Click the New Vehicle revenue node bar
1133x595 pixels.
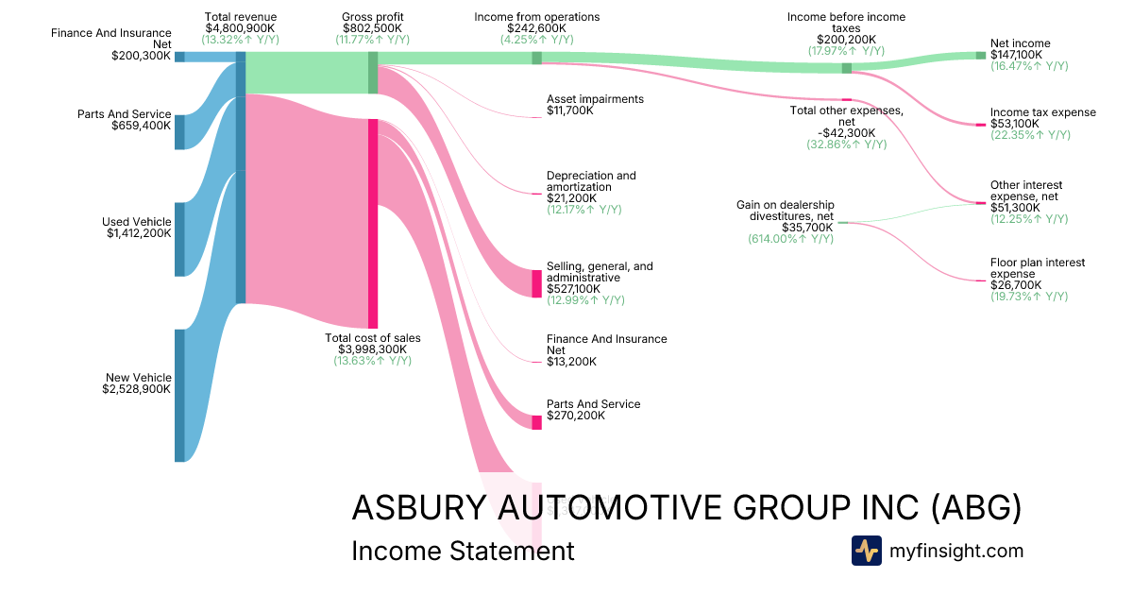coord(179,396)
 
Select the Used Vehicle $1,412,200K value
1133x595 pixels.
coord(139,233)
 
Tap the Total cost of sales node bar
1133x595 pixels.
coord(373,223)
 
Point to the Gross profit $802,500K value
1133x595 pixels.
coord(373,29)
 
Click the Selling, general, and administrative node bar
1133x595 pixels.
coord(537,283)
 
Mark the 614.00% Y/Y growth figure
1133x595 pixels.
coord(790,240)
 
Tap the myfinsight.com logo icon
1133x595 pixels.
coord(866,551)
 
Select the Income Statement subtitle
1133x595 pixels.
coord(462,551)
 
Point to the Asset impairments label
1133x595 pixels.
coord(595,99)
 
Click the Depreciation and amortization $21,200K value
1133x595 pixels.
coord(571,198)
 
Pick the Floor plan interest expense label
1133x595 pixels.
coord(1038,268)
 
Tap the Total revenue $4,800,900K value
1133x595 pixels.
coord(241,29)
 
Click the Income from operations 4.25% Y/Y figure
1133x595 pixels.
coord(537,41)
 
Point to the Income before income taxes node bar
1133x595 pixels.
coord(847,68)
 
